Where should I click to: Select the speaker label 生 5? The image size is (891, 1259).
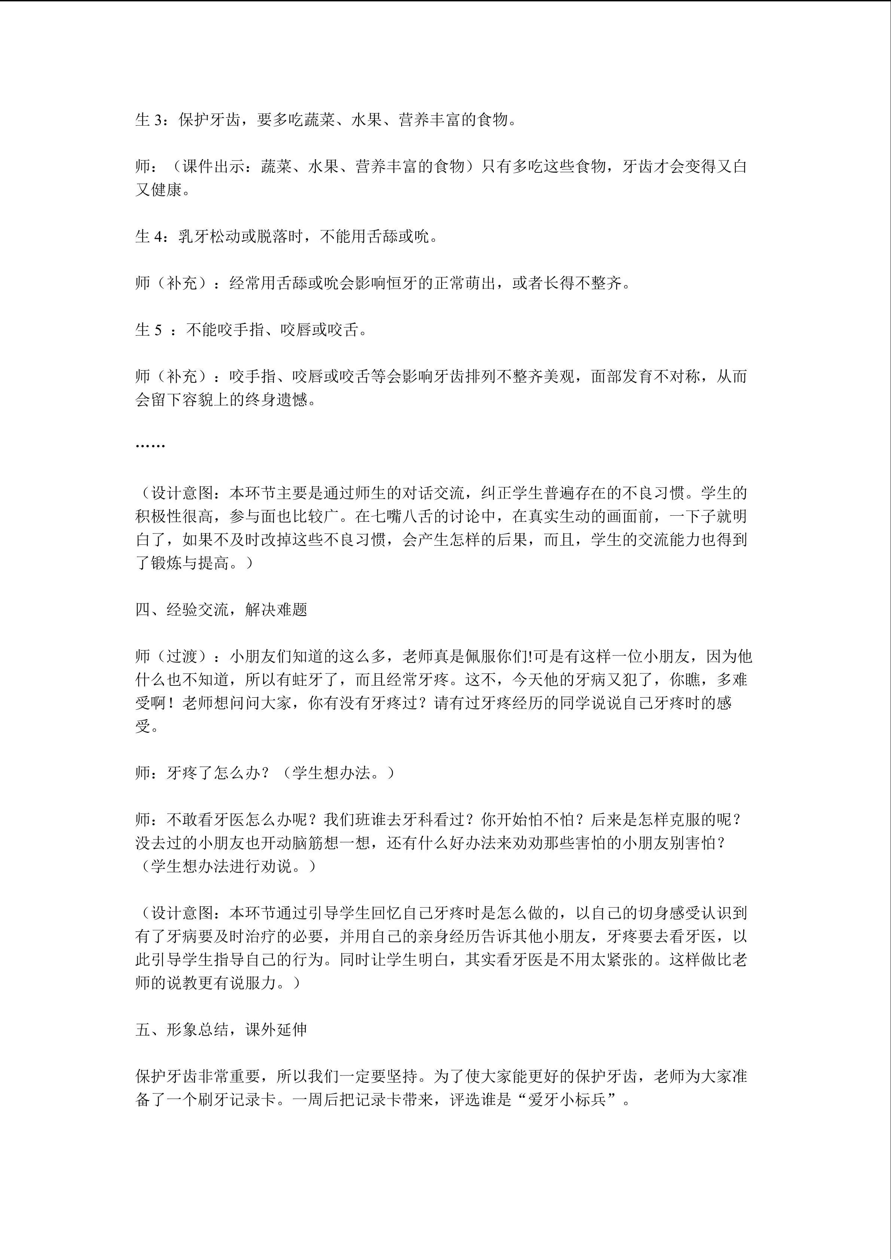[149, 329]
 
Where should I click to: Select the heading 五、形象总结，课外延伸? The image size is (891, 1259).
[221, 1029]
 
